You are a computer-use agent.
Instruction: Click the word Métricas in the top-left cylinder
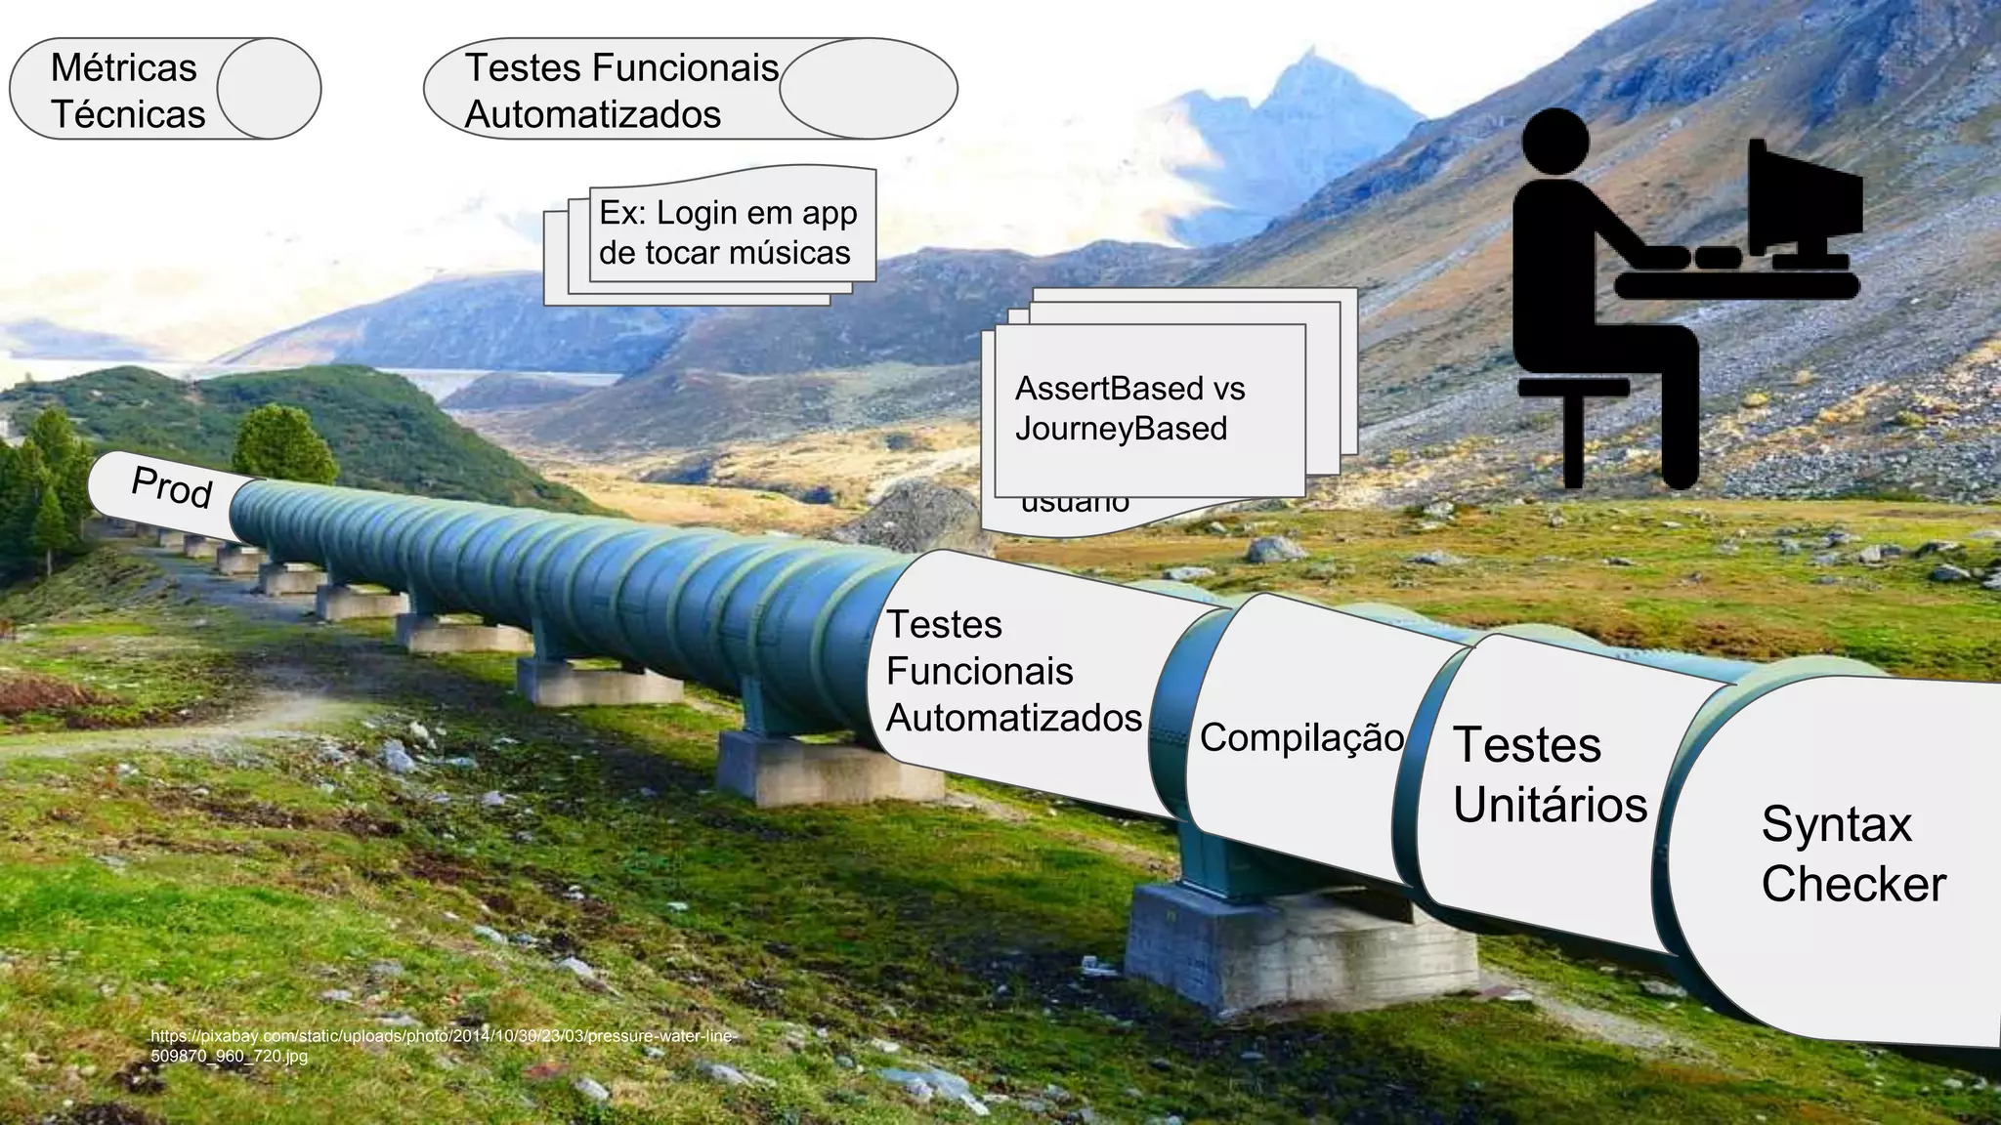[123, 68]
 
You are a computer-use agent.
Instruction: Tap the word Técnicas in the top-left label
[128, 115]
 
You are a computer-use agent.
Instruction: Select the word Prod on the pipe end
[172, 486]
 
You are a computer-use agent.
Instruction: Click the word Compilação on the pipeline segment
[1301, 737]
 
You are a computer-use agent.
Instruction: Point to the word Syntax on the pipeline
[1836, 824]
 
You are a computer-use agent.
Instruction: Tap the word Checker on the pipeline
[1853, 884]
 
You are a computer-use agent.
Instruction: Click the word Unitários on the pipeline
[1550, 805]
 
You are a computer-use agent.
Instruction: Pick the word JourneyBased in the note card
[1121, 429]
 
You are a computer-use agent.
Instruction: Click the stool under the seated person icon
[1573, 420]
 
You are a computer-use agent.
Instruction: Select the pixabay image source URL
[442, 1045]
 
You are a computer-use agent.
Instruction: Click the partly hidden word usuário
[1075, 505]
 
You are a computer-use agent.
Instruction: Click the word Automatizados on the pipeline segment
[1013, 719]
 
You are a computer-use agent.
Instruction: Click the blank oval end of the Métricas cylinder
[269, 89]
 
